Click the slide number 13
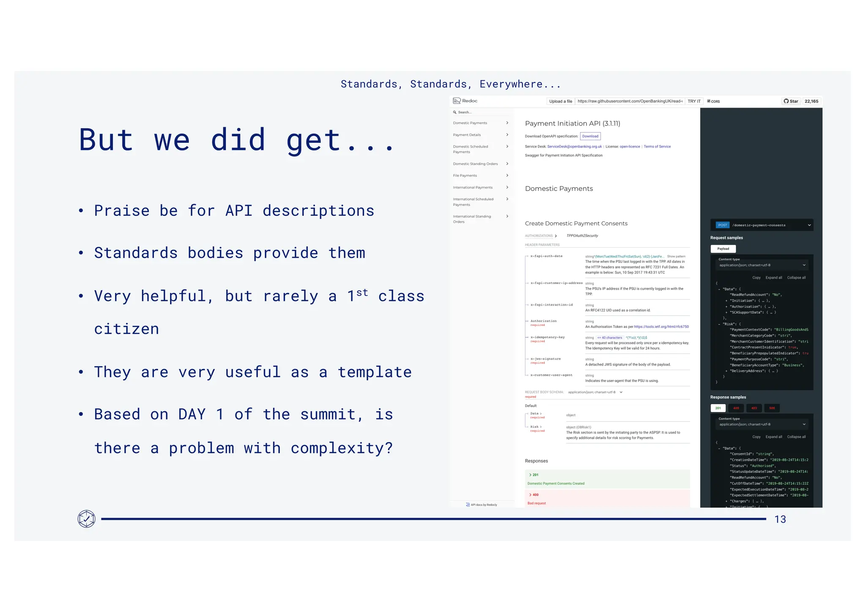click(x=780, y=519)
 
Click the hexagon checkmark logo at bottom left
click(x=86, y=519)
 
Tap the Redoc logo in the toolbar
click(x=465, y=101)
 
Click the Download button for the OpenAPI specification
click(x=590, y=136)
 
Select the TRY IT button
click(x=694, y=101)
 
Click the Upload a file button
click(x=560, y=101)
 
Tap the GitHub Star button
click(x=791, y=101)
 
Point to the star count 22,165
click(x=811, y=101)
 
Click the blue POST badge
click(x=722, y=225)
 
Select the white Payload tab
click(x=723, y=249)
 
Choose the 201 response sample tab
click(x=718, y=408)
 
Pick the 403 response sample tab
click(x=754, y=408)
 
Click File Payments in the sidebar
click(x=465, y=175)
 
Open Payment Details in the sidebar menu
click(x=467, y=135)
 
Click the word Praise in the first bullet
click(x=122, y=210)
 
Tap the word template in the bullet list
click(x=375, y=372)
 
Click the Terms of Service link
click(x=657, y=147)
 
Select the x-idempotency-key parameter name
click(x=547, y=337)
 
